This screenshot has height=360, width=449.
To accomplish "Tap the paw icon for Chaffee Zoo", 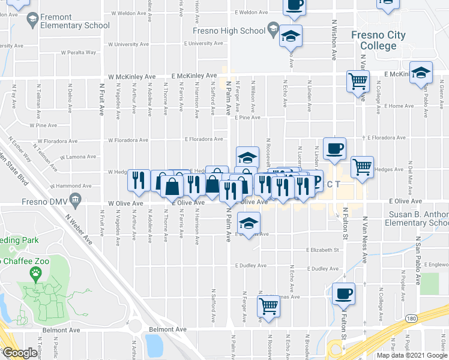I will (x=36, y=274).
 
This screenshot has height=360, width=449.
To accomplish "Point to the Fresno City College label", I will (x=379, y=40).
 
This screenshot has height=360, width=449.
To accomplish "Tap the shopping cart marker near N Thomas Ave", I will (x=268, y=306).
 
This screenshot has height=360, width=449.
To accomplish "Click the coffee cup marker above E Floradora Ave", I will (x=334, y=148).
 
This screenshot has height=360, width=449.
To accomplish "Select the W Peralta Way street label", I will (x=78, y=52).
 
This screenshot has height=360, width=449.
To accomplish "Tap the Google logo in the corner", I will (x=20, y=353).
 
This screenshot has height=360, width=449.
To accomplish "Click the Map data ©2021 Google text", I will (x=411, y=355).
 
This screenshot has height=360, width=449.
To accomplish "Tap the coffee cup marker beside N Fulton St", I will (x=343, y=295).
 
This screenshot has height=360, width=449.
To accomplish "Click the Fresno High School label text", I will (x=229, y=31).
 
